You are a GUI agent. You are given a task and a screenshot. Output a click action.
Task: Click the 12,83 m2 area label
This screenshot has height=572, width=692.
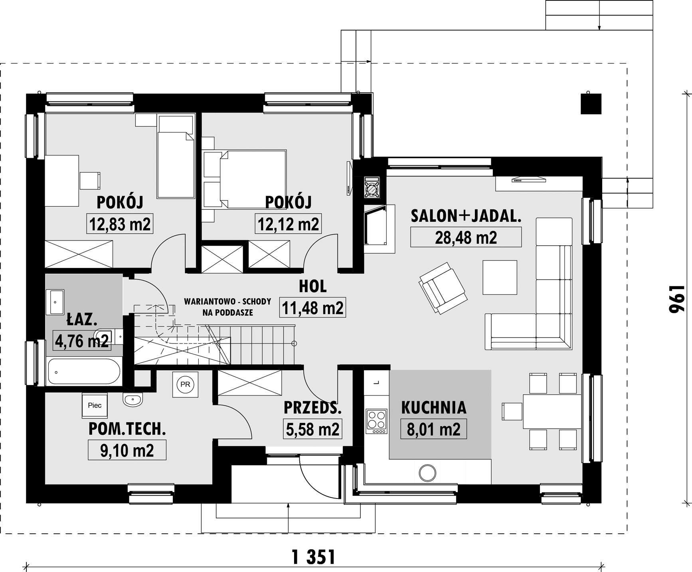(x=120, y=224)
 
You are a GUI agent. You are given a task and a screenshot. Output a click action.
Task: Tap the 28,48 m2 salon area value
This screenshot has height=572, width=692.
(x=466, y=238)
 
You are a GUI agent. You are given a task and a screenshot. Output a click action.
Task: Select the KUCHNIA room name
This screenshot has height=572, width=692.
(x=434, y=407)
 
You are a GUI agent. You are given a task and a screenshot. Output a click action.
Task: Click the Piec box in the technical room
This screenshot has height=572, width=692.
(x=95, y=405)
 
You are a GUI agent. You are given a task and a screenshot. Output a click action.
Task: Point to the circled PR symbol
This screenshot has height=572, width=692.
(x=185, y=385)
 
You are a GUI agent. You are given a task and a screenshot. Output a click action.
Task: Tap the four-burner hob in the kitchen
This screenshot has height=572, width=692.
(x=376, y=421)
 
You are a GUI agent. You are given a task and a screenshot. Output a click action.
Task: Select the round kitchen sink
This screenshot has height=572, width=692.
(x=427, y=473)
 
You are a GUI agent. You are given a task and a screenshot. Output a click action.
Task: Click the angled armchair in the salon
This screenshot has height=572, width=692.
(x=443, y=288)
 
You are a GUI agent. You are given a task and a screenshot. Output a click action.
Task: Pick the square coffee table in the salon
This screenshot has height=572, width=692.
(x=500, y=277)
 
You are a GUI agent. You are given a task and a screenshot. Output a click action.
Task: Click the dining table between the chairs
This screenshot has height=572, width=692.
(x=552, y=412)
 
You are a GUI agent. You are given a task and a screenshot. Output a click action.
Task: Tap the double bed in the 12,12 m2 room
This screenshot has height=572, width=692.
(x=244, y=179)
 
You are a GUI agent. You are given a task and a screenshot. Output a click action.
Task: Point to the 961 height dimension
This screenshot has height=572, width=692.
(x=677, y=299)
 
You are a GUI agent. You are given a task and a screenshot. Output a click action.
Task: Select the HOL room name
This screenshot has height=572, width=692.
(x=313, y=286)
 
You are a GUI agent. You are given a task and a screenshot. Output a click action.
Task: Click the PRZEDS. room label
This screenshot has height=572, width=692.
(x=312, y=408)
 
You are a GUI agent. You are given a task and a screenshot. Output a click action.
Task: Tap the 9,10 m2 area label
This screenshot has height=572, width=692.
(x=127, y=451)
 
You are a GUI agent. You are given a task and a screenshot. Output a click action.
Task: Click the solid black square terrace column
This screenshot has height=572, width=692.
(x=591, y=104)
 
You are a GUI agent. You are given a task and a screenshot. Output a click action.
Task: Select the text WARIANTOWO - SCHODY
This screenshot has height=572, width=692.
(x=227, y=302)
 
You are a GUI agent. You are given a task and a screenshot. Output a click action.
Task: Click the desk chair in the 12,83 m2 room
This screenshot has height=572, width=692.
(x=90, y=181)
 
